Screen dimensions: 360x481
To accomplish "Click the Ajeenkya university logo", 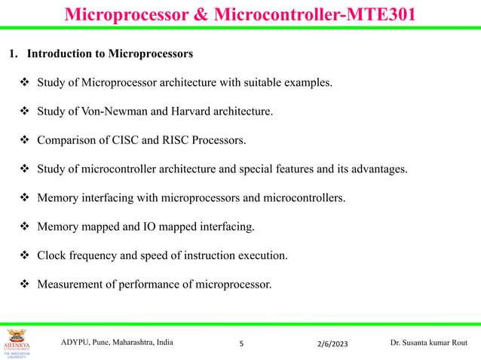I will coord(17,343).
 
